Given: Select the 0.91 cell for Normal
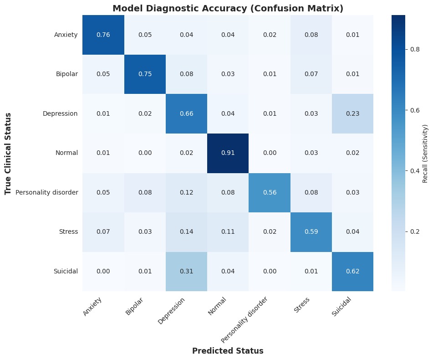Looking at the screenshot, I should click(x=228, y=153).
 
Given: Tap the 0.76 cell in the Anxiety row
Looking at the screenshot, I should click(x=103, y=35).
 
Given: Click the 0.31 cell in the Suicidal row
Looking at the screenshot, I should click(x=186, y=271).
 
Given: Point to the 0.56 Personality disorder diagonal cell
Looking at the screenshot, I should click(x=269, y=192).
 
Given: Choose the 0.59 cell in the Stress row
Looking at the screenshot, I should click(x=311, y=231).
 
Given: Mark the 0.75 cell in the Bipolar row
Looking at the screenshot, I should click(x=144, y=74).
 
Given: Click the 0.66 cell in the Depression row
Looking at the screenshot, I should click(x=186, y=113).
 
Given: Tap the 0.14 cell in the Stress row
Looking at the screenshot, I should click(x=186, y=231).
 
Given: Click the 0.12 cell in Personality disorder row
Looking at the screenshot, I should click(x=186, y=192).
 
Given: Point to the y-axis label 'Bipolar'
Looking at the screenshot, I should click(x=66, y=74).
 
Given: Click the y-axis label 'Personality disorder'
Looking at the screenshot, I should click(x=47, y=192).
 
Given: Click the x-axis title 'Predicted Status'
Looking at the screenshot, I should click(x=228, y=351).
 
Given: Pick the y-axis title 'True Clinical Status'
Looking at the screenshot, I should click(x=8, y=153).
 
